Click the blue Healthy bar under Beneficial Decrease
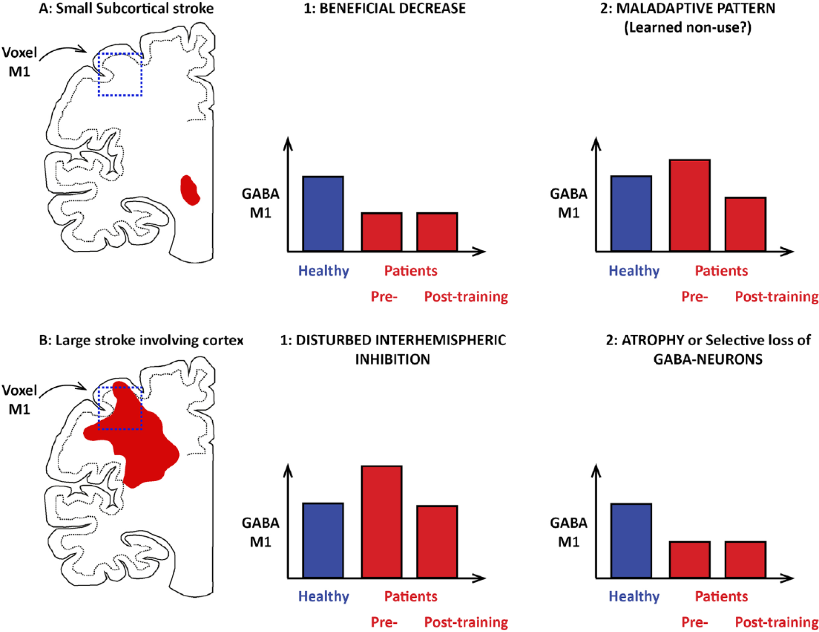(x=323, y=214)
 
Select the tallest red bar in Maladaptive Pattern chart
(x=690, y=205)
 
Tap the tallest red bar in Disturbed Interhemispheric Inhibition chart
(x=381, y=522)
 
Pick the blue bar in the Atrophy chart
(x=631, y=541)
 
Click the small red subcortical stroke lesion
(x=189, y=190)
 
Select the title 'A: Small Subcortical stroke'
(x=126, y=8)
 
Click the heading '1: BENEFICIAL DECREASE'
(x=384, y=8)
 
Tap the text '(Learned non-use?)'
(x=687, y=27)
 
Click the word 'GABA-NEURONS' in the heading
(x=708, y=359)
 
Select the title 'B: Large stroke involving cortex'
(x=141, y=340)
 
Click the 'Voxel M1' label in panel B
(x=19, y=399)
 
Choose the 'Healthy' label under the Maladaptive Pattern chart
(x=634, y=271)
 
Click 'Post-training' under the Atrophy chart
(x=777, y=622)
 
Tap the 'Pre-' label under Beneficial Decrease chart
(x=384, y=297)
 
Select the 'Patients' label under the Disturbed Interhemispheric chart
(x=410, y=596)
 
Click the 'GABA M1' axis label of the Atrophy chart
(x=568, y=532)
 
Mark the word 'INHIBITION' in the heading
(x=393, y=359)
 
